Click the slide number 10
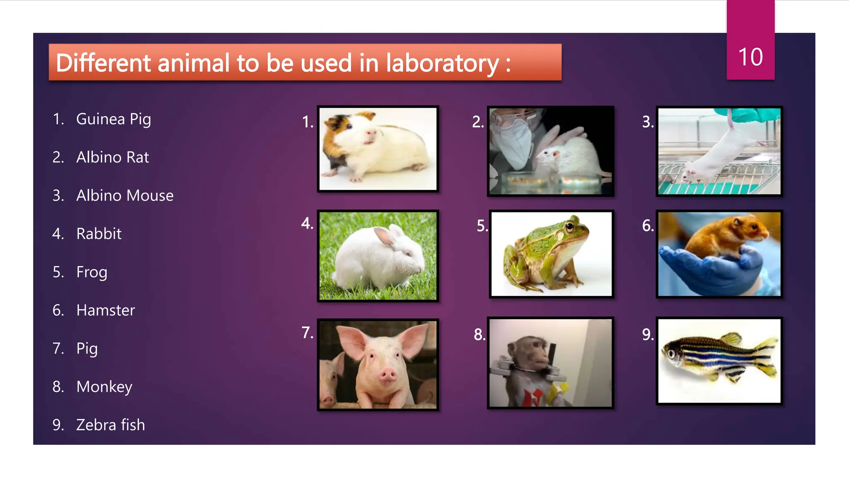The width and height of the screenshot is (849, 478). click(750, 57)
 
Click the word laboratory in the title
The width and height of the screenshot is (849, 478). click(442, 63)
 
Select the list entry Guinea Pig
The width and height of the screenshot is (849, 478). click(113, 119)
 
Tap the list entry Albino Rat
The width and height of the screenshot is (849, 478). click(112, 157)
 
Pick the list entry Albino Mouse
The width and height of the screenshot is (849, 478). click(125, 195)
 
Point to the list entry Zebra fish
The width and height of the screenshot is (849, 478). click(110, 425)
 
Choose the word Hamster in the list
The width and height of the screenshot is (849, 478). click(106, 310)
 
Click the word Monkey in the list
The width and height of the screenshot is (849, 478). click(104, 387)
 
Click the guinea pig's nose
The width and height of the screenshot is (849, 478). click(370, 133)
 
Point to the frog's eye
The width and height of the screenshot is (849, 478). click(570, 226)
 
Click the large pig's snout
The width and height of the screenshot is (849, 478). click(388, 375)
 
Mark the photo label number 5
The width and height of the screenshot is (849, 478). click(482, 226)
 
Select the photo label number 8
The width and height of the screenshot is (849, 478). click(479, 334)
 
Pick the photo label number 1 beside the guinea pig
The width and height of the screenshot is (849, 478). click(307, 122)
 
